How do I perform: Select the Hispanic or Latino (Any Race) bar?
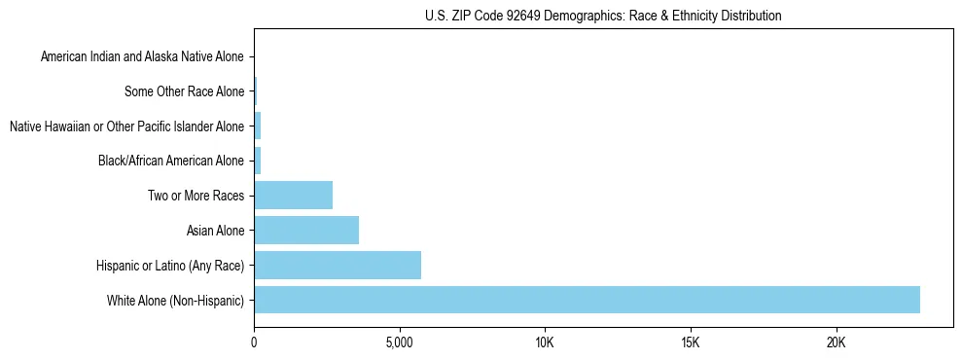click(338, 265)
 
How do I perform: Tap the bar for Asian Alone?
click(306, 230)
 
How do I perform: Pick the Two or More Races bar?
click(293, 196)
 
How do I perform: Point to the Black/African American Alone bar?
click(258, 161)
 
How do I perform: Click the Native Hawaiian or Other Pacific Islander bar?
click(258, 126)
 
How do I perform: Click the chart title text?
click(603, 16)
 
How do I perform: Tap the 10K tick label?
click(545, 342)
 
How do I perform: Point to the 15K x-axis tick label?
click(690, 342)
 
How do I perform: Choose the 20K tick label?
click(836, 342)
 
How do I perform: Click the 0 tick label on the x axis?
click(254, 342)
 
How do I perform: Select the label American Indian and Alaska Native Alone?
click(143, 57)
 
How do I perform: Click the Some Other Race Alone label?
click(185, 92)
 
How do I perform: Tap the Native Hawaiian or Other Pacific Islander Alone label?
click(126, 126)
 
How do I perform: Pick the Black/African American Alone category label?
click(172, 162)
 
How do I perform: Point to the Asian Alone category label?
click(215, 231)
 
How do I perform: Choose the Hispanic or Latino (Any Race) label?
click(170, 266)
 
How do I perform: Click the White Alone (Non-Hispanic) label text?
click(176, 301)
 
